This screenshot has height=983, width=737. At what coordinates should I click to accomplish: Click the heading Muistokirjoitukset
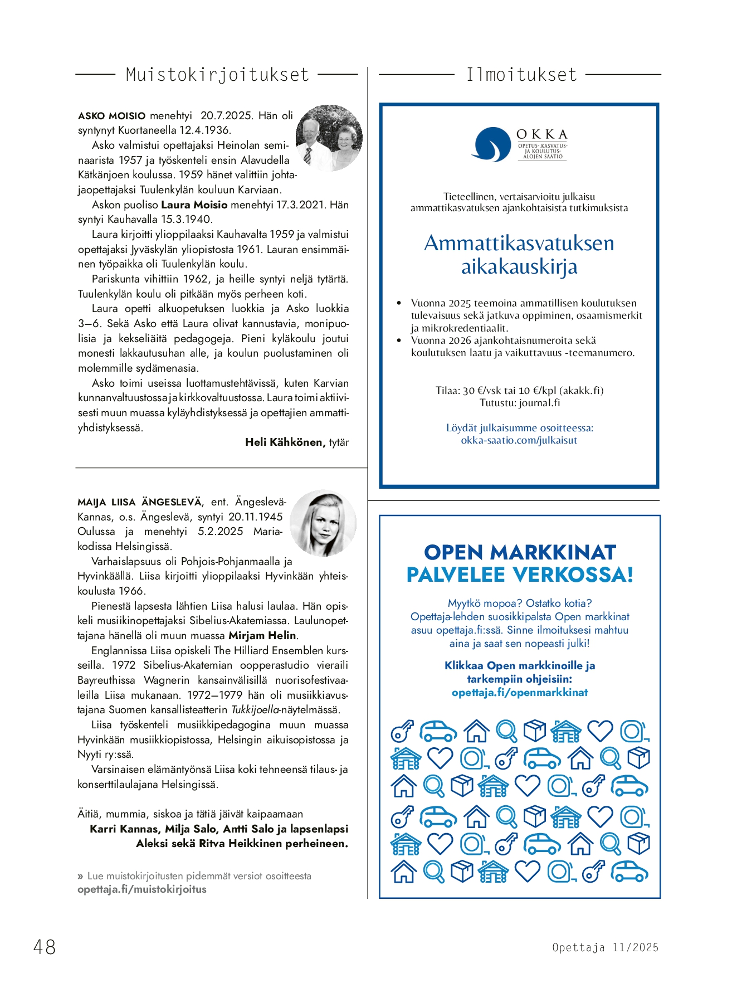[x=217, y=75]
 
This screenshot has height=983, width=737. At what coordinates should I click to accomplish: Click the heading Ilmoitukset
[x=521, y=75]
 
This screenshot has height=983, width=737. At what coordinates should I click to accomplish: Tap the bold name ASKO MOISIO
[x=111, y=116]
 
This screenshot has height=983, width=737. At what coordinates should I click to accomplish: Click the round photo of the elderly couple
[x=329, y=138]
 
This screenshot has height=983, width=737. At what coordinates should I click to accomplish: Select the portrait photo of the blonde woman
[x=323, y=523]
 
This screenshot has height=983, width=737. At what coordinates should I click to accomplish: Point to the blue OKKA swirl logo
[x=491, y=144]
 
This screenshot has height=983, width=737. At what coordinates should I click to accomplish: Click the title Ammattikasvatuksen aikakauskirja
[x=519, y=255]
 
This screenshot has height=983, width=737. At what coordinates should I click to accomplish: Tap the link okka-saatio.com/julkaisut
[x=519, y=440]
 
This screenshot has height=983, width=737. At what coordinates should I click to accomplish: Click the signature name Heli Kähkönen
[x=285, y=442]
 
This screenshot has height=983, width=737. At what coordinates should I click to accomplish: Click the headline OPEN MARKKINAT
[x=520, y=552]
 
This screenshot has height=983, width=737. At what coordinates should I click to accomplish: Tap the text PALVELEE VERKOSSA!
[x=520, y=575]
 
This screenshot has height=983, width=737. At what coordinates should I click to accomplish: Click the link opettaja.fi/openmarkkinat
[x=520, y=693]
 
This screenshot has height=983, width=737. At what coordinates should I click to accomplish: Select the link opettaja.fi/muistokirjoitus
[x=141, y=889]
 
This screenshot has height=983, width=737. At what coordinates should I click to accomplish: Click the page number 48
[x=45, y=947]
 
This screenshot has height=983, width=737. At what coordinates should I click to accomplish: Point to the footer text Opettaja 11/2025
[x=605, y=947]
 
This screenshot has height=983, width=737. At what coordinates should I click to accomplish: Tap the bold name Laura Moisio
[x=194, y=205]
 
